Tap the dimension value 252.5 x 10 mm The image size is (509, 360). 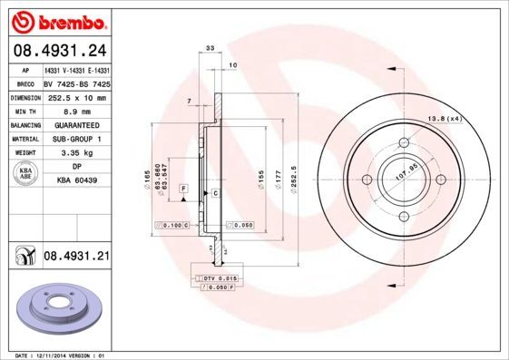(x=77, y=96)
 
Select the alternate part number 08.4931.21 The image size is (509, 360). (x=76, y=257)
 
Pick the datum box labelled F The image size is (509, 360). (x=183, y=187)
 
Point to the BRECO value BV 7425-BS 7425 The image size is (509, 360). (x=77, y=83)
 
